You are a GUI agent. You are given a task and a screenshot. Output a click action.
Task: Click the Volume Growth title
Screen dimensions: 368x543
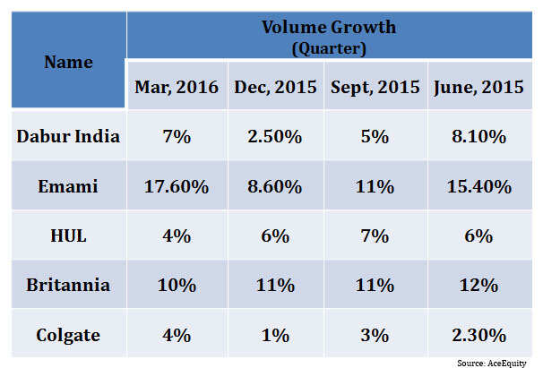tap(328, 28)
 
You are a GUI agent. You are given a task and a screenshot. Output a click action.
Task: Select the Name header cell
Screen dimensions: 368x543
tap(68, 62)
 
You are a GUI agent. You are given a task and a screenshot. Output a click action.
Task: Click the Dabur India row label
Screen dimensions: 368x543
tap(68, 137)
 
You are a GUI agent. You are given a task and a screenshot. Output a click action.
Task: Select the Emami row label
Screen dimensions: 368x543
tap(68, 187)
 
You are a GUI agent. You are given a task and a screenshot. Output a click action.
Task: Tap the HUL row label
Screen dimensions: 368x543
tap(68, 236)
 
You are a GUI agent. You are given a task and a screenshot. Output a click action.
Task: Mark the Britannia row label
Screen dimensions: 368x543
tap(68, 286)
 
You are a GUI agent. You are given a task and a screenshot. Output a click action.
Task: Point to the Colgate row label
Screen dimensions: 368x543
tap(68, 335)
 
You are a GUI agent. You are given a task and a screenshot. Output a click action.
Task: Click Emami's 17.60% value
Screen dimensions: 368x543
tap(177, 187)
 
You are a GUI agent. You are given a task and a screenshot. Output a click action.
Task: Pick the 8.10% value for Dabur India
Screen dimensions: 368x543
tap(479, 137)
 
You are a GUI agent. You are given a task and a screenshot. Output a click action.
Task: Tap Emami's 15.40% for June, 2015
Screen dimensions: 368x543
tap(479, 187)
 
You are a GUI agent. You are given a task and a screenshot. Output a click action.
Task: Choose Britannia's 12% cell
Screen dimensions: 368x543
tap(479, 286)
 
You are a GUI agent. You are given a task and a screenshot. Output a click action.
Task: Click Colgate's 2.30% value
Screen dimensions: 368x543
tap(479, 335)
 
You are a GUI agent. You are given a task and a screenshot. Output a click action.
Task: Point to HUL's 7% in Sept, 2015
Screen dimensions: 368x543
tap(376, 236)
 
